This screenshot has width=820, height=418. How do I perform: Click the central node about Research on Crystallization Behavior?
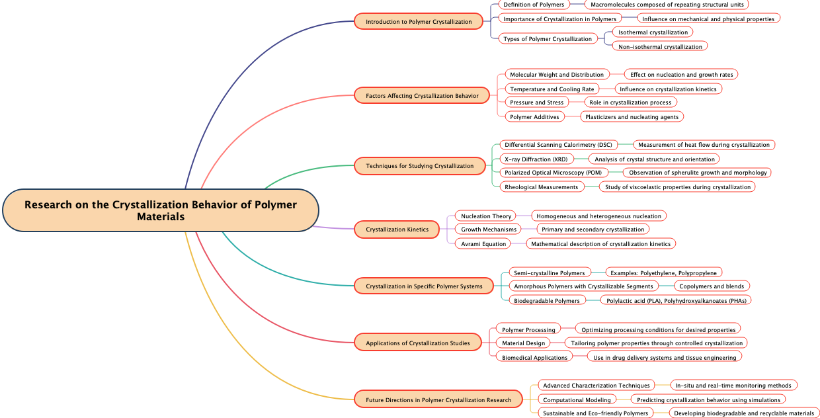161,210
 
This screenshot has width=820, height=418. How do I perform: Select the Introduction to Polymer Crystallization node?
419,21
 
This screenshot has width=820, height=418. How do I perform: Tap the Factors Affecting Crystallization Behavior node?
422,96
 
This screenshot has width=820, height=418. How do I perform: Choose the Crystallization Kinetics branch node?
397,230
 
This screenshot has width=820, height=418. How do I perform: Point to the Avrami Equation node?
483,243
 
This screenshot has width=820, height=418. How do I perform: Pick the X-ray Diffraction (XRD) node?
536,159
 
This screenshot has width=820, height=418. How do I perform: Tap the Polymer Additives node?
534,116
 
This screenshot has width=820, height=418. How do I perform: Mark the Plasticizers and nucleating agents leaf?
632,116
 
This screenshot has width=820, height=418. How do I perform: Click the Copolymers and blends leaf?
712,286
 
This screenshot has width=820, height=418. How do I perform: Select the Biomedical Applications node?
535,357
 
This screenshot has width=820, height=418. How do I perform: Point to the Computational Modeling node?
577,399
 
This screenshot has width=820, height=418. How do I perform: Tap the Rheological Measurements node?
542,187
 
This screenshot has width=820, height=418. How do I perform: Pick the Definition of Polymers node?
534,4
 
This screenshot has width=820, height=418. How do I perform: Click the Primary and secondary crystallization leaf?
593,229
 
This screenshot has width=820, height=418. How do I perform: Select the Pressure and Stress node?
537,102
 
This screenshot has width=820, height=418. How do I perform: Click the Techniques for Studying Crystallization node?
420,165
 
